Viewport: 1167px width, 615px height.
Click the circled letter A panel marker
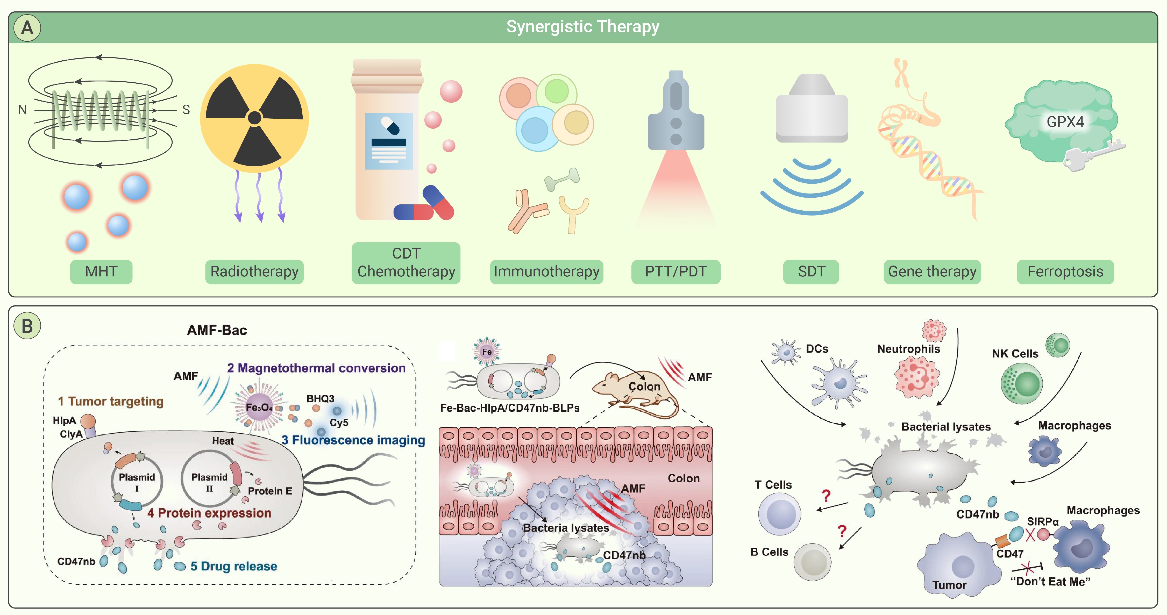point(27,28)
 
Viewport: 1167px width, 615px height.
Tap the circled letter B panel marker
point(27,326)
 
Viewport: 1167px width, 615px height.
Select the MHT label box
point(101,272)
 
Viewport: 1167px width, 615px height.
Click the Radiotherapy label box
point(254,272)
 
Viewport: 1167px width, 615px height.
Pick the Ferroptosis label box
point(1065,272)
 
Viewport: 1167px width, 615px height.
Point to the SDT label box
point(811,272)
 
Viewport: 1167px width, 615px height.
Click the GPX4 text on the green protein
point(1065,122)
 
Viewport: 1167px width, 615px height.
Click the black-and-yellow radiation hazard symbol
point(255,118)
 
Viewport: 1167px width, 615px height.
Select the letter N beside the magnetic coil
point(22,110)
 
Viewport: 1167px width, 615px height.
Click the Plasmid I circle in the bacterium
point(137,482)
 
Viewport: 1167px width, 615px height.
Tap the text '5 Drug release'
point(233,566)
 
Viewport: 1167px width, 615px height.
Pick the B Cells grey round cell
point(812,562)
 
